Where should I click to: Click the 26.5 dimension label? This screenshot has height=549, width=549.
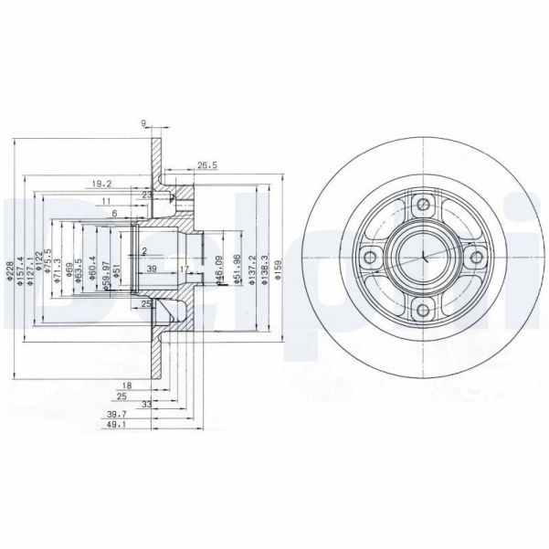click(206, 166)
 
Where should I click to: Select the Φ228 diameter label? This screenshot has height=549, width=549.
click(10, 271)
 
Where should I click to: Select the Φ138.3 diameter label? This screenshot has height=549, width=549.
click(265, 271)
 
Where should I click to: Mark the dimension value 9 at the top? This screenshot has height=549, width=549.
click(143, 125)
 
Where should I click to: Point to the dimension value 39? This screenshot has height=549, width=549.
click(152, 269)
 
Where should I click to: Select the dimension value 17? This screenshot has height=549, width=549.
click(184, 269)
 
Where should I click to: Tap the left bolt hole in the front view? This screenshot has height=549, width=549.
click(368, 259)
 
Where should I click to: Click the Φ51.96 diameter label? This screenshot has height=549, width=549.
click(237, 271)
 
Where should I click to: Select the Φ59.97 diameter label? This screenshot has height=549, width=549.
click(106, 271)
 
